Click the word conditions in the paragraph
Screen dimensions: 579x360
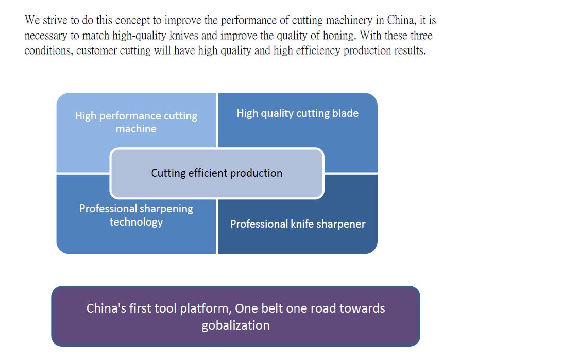click(x=49, y=50)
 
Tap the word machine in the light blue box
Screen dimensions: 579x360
click(x=136, y=129)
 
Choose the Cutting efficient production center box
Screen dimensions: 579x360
click(x=217, y=173)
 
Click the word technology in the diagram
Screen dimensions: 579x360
click(x=136, y=222)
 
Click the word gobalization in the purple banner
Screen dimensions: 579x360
click(x=235, y=325)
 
